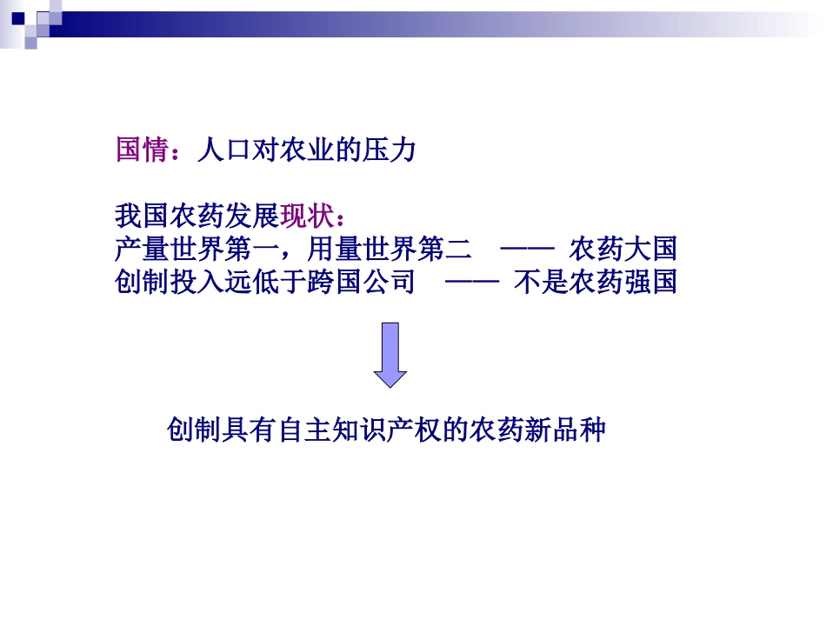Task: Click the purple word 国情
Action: point(142,150)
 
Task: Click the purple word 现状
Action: point(306,215)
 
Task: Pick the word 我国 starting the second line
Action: point(142,215)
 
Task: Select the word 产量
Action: point(142,250)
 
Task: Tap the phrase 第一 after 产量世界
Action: point(251,250)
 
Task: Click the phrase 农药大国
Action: point(623,250)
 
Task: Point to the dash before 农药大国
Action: point(528,250)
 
